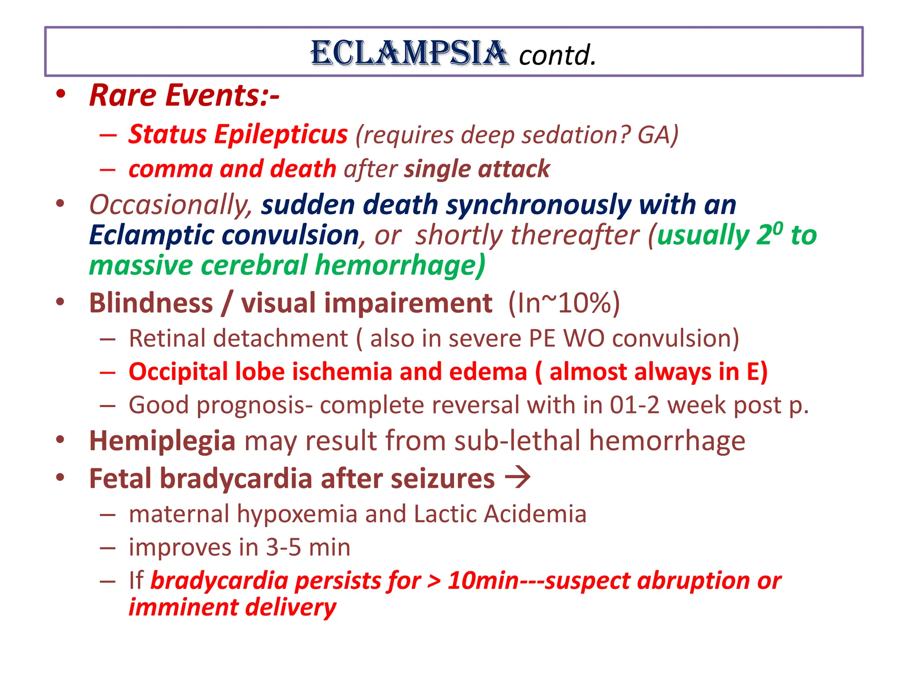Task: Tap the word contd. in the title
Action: click(x=557, y=55)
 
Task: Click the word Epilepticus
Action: click(x=281, y=134)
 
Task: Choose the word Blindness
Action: click(x=151, y=303)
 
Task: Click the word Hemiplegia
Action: click(x=162, y=441)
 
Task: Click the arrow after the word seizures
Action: click(x=518, y=478)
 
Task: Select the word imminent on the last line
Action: click(x=183, y=607)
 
